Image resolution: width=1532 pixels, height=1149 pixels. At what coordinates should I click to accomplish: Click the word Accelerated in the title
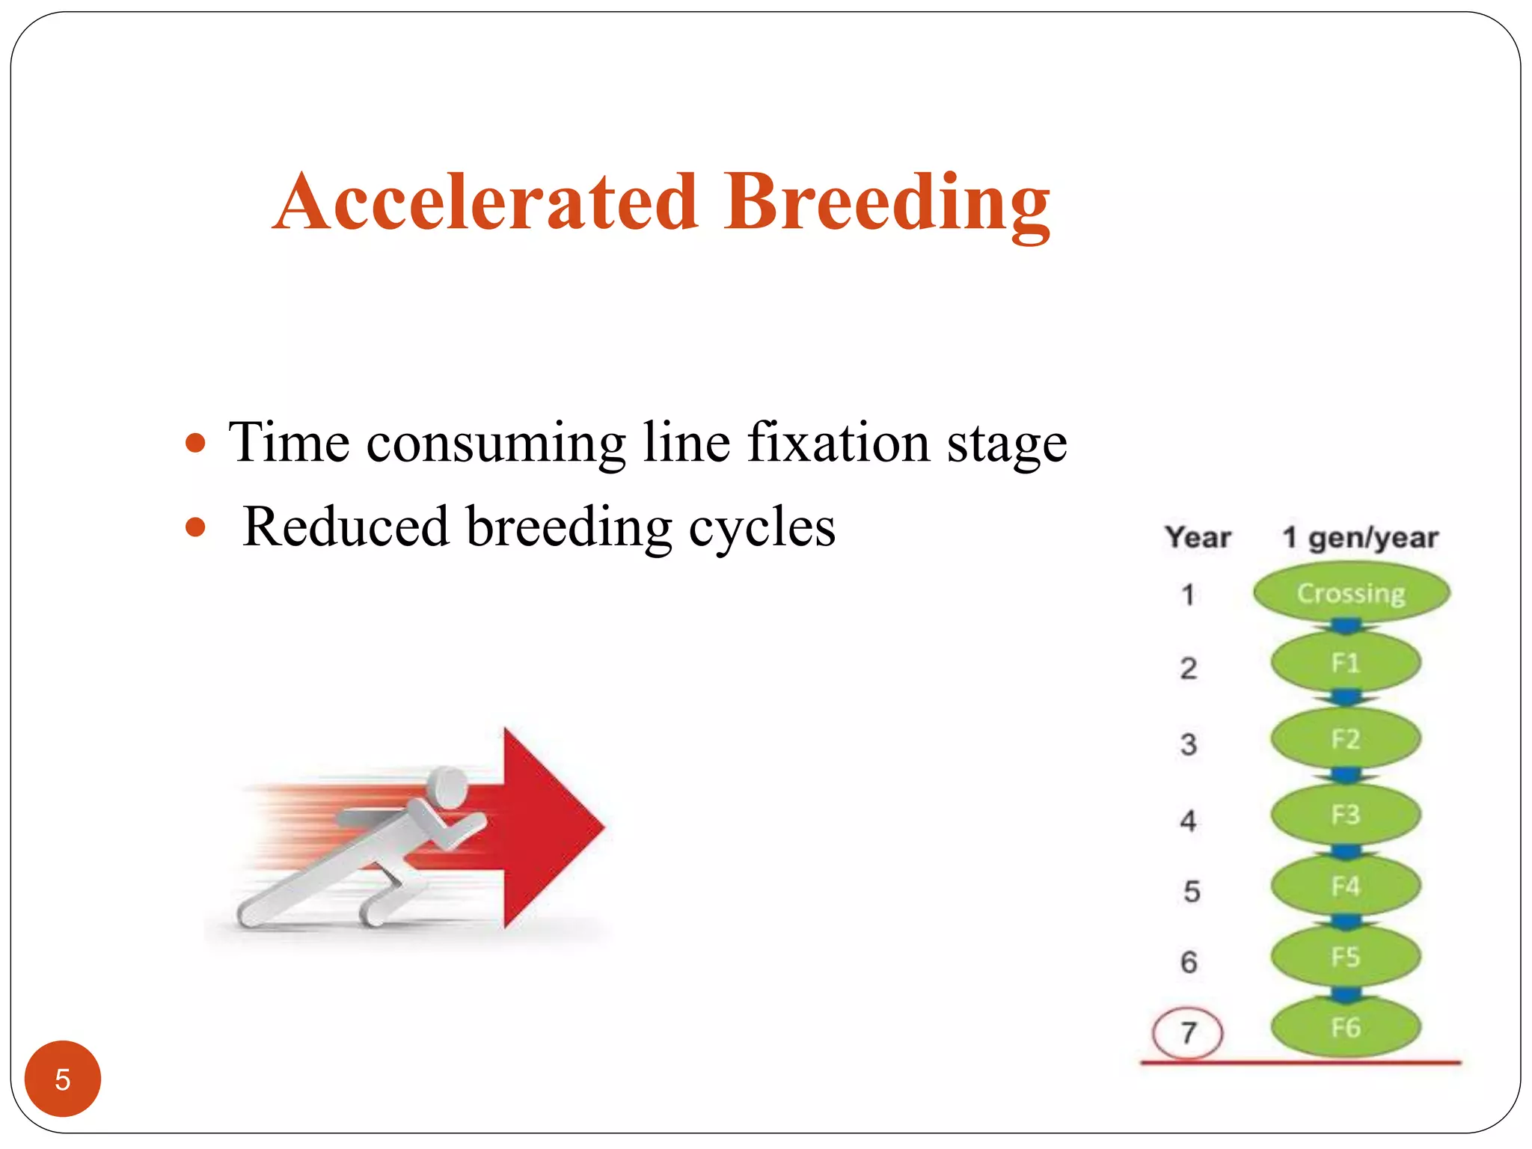486,202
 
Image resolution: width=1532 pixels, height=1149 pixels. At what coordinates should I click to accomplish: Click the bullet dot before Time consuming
195,443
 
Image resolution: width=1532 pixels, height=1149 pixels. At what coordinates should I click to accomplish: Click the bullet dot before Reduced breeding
195,527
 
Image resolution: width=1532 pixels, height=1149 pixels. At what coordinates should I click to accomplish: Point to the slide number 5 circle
63,1079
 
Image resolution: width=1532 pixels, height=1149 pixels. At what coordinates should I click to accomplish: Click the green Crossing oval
1351,593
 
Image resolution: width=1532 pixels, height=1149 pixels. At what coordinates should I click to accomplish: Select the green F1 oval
1345,663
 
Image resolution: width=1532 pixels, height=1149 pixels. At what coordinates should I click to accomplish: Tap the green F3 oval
1345,815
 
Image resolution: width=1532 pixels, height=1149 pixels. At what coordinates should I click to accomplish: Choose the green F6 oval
1345,1028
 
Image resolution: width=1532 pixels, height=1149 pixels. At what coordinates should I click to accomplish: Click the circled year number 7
1188,1033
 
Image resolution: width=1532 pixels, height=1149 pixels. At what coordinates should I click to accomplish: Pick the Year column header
1198,537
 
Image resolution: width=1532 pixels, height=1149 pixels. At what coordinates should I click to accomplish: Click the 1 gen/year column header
1360,537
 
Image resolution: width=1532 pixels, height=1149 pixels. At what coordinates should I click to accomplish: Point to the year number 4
1188,821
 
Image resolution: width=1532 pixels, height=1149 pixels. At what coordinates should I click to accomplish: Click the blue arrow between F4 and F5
1345,922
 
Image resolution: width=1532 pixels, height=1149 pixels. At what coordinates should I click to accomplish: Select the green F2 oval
1345,739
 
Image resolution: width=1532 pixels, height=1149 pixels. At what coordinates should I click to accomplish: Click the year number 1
1188,595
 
